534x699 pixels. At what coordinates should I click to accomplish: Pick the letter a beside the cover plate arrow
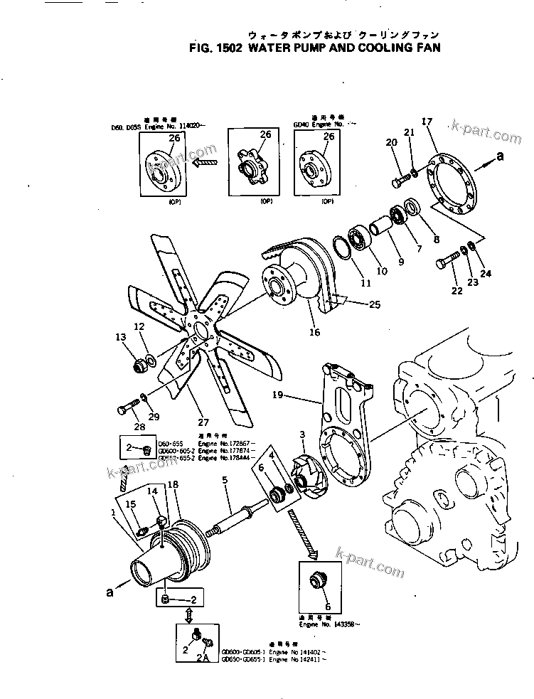click(x=500, y=156)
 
